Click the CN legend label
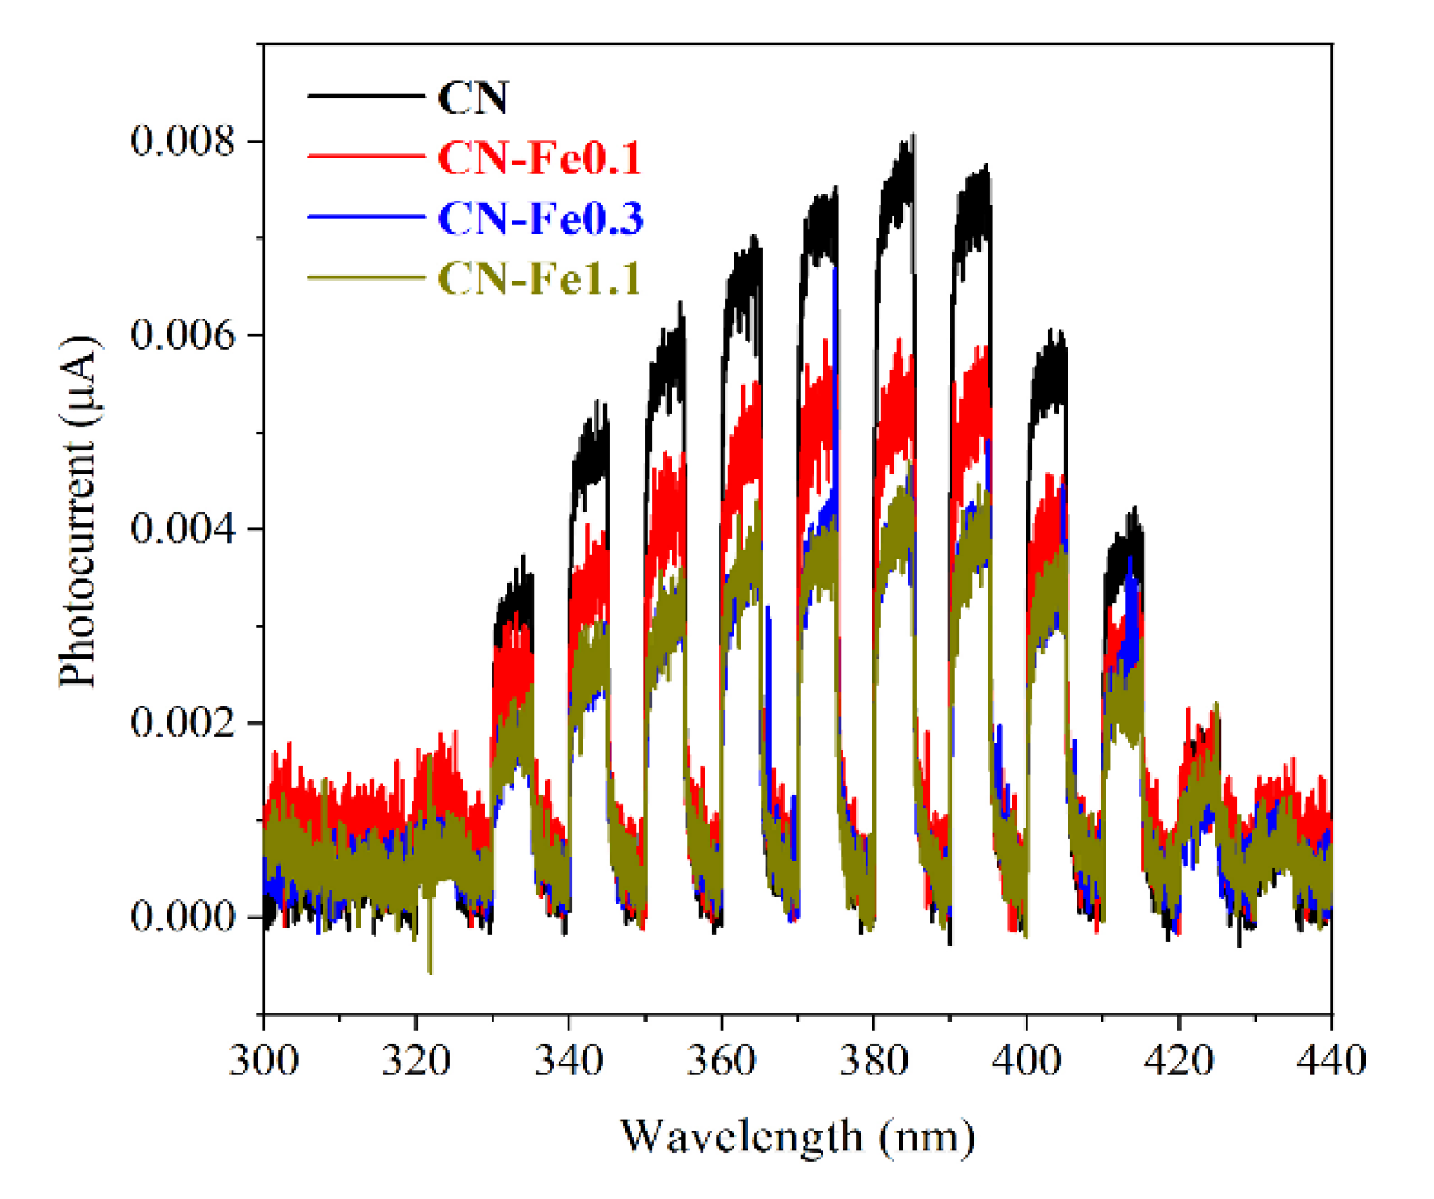[x=472, y=97]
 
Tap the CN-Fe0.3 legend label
[x=540, y=218]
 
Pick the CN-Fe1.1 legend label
[x=539, y=278]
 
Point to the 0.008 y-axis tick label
[x=182, y=141]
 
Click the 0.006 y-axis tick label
[x=182, y=335]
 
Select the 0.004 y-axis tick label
[x=182, y=528]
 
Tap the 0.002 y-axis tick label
[x=182, y=722]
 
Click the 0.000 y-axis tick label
[x=182, y=916]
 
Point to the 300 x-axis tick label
[x=263, y=1060]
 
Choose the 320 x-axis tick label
[x=416, y=1060]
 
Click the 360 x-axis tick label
[x=721, y=1060]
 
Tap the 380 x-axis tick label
[x=874, y=1060]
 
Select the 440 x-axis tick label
[x=1331, y=1060]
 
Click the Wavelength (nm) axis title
[x=797, y=1137]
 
